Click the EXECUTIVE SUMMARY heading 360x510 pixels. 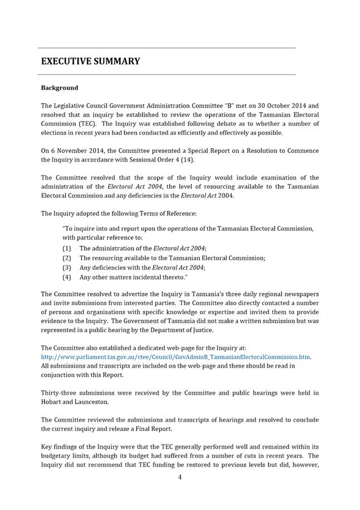pyautogui.click(x=90, y=61)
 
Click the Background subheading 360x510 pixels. pyautogui.click(x=60, y=88)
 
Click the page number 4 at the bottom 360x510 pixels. pyautogui.click(x=179, y=477)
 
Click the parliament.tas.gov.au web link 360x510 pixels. pyautogui.click(x=176, y=357)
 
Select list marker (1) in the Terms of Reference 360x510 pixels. pyautogui.click(x=67, y=248)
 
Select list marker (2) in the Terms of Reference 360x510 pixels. pyautogui.click(x=67, y=258)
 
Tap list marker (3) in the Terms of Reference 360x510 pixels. pyautogui.click(x=67, y=268)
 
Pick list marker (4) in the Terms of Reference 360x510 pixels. pyautogui.click(x=67, y=277)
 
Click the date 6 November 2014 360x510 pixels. pyautogui.click(x=74, y=150)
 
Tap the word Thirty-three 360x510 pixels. pyautogui.click(x=61, y=393)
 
